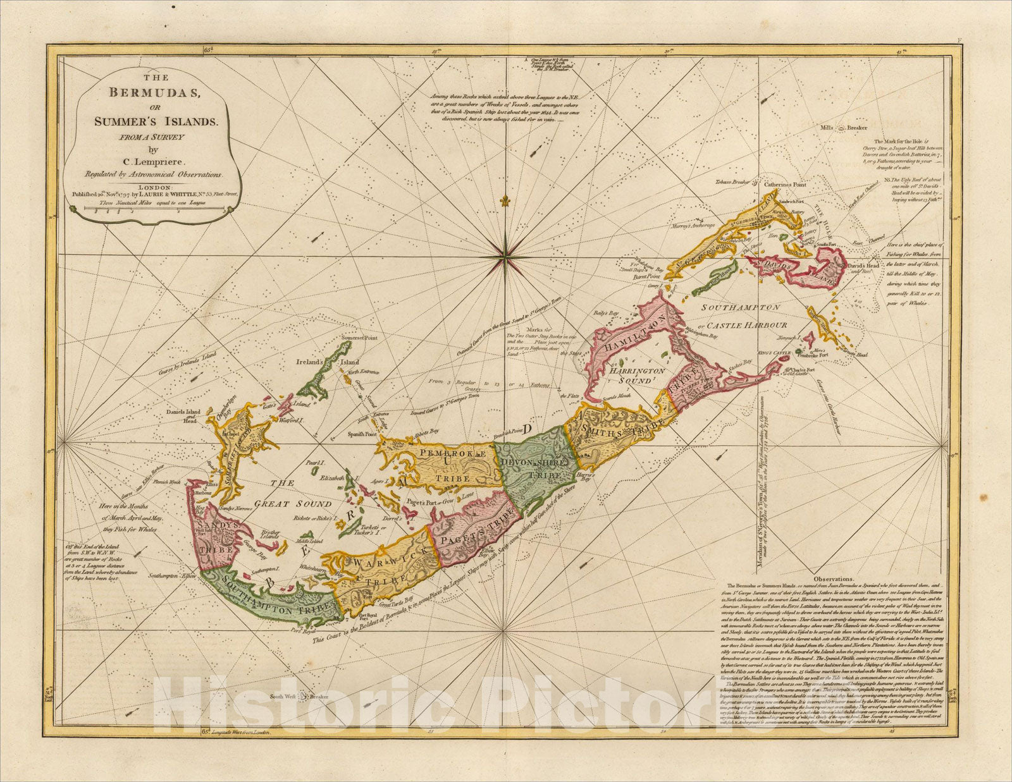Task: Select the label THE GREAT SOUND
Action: coord(297,494)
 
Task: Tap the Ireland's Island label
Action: coord(328,362)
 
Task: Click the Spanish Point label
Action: coord(362,435)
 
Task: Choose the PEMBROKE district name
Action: coord(450,454)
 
